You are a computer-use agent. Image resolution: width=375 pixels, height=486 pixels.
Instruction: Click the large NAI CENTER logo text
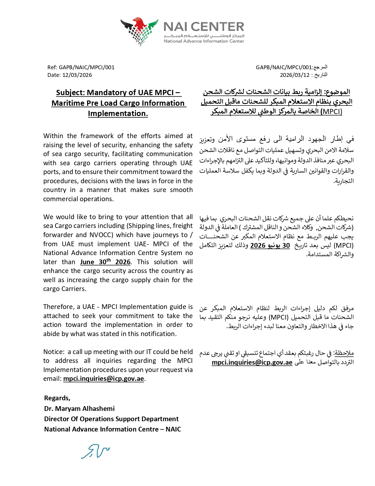tap(204, 27)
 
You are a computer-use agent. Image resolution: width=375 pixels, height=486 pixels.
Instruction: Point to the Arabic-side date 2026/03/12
tap(294, 75)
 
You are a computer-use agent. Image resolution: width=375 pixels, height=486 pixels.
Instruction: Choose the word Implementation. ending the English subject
tap(118, 114)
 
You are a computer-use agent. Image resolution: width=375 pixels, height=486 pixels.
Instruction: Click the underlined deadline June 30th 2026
tap(105, 262)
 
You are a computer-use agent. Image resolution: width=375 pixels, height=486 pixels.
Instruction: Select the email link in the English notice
tap(104, 379)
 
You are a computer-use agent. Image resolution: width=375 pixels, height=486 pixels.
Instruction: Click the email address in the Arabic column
tap(252, 363)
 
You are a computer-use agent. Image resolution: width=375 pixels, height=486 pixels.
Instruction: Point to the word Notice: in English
tap(54, 352)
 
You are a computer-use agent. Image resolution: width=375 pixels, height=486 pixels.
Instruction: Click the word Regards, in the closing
tap(57, 398)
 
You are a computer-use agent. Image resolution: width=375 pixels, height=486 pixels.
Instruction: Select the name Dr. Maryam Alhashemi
tap(79, 409)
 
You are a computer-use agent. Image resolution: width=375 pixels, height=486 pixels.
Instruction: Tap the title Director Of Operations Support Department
tap(111, 419)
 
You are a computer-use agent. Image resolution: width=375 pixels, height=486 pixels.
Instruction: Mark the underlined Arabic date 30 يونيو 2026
tap(270, 246)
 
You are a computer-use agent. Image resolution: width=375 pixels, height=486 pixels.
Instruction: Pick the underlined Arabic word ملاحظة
tap(344, 353)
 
